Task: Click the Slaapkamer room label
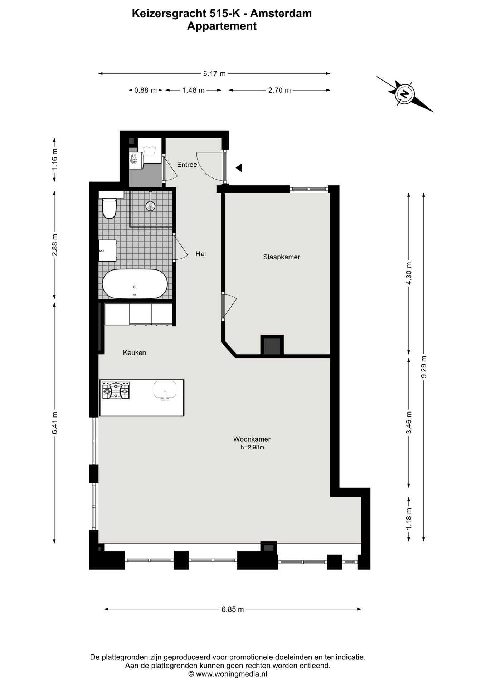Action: pos(281,257)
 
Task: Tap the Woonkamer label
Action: pos(252,439)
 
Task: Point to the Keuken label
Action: pos(134,352)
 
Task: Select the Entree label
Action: pos(187,165)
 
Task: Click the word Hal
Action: pos(200,254)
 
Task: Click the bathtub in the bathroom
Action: pos(135,284)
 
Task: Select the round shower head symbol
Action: pos(150,206)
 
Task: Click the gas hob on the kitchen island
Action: pos(116,390)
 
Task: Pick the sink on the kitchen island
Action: pos(165,390)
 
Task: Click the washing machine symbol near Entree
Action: pos(149,151)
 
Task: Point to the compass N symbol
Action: pos(405,94)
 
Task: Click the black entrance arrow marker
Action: pos(239,167)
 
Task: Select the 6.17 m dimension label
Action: pos(214,74)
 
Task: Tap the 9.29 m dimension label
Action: pos(424,367)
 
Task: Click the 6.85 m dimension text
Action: pos(233,609)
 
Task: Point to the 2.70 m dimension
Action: pos(280,90)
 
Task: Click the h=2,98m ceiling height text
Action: pos(252,447)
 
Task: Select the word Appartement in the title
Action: pos(222,26)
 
